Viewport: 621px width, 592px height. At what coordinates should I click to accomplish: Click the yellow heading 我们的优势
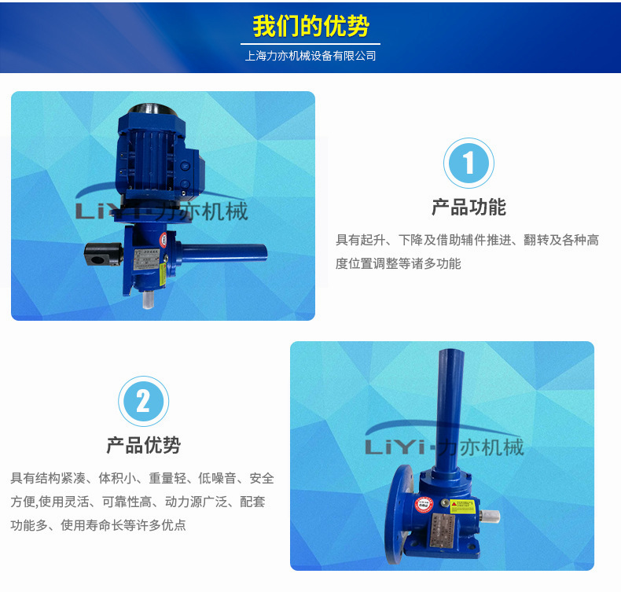tap(310, 26)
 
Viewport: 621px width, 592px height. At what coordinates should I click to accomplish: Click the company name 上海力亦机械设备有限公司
tap(310, 56)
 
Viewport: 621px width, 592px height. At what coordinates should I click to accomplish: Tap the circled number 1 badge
tap(469, 164)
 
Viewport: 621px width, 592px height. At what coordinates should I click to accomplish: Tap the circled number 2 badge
tap(143, 401)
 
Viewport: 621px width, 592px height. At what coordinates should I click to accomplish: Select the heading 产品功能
tap(469, 208)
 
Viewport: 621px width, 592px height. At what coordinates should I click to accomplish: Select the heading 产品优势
tap(143, 445)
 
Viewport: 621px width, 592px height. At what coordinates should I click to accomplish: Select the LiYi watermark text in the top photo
tap(161, 211)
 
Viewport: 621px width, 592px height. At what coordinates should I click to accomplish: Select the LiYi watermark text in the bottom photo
tap(444, 447)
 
